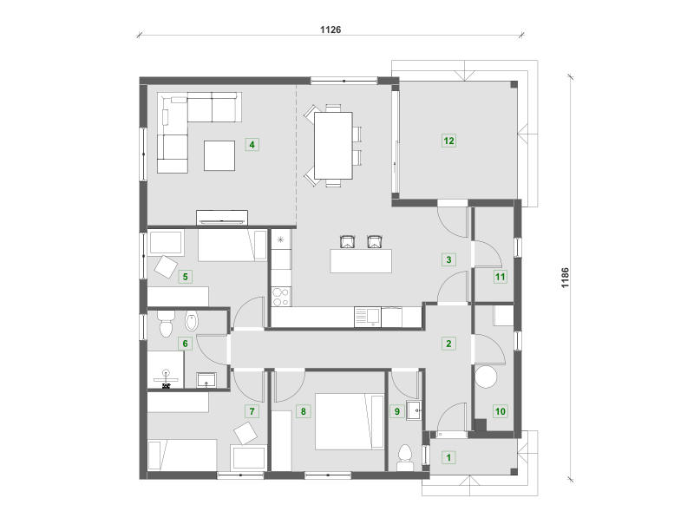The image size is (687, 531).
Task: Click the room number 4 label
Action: pyautogui.click(x=252, y=144)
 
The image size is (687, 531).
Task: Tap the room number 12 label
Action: pyautogui.click(x=448, y=141)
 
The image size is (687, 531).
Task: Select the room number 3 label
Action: pyautogui.click(x=448, y=259)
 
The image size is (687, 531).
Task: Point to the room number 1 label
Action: pyautogui.click(x=448, y=457)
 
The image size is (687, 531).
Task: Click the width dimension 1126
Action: pyautogui.click(x=330, y=29)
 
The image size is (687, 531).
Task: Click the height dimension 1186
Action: pyautogui.click(x=566, y=278)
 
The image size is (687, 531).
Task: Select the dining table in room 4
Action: pyautogui.click(x=333, y=146)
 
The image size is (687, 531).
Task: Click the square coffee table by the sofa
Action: pyautogui.click(x=219, y=155)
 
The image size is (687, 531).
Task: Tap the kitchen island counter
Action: pyautogui.click(x=361, y=261)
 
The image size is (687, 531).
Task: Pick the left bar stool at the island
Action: pyautogui.click(x=347, y=242)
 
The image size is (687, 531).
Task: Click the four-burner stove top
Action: pyautogui.click(x=281, y=297)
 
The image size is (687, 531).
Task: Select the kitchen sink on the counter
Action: pyautogui.click(x=368, y=318)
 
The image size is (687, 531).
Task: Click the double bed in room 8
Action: pyautogui.click(x=350, y=422)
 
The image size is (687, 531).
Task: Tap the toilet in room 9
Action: pyautogui.click(x=404, y=455)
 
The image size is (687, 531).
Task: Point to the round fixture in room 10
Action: pyautogui.click(x=486, y=377)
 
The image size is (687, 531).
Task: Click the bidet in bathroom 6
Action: pyautogui.click(x=192, y=323)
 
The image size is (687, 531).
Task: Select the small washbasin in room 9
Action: pyautogui.click(x=413, y=410)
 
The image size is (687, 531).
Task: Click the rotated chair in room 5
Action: pyautogui.click(x=166, y=266)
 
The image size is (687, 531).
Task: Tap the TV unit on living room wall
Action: pyautogui.click(x=222, y=218)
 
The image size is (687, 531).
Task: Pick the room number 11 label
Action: pyautogui.click(x=500, y=277)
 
